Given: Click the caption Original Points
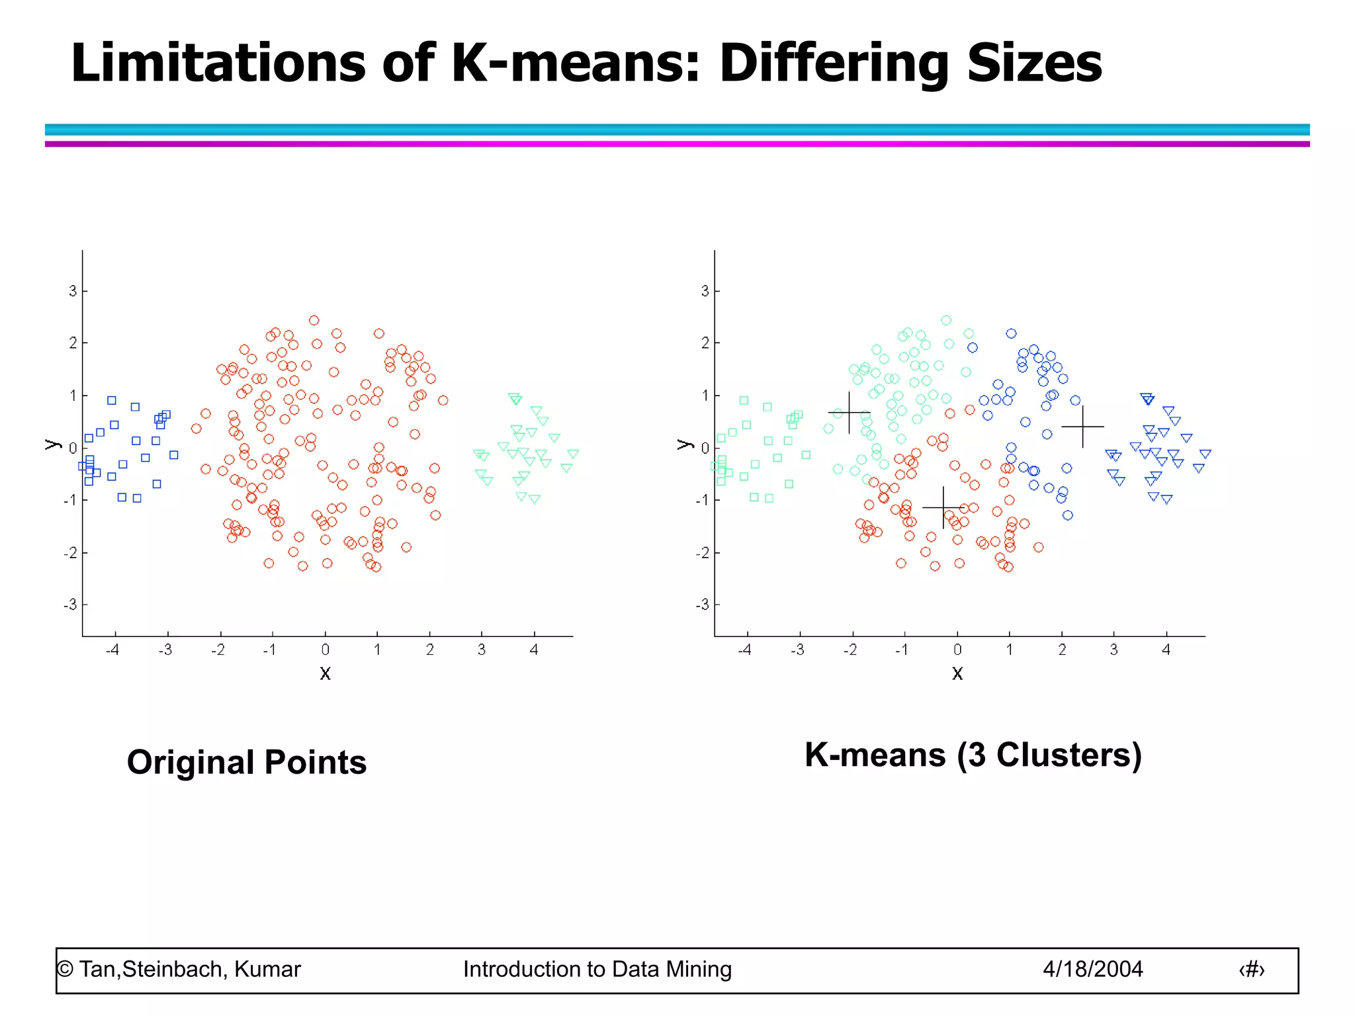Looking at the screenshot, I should click(x=246, y=762).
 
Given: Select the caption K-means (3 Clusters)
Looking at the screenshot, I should click(x=973, y=755).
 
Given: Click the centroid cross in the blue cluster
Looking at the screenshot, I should click(x=1082, y=427).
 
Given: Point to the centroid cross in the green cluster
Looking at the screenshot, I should click(x=849, y=413).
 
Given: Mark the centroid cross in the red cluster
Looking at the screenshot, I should click(x=943, y=507).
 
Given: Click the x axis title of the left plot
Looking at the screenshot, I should click(x=325, y=673).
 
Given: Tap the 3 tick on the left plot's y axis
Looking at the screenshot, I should click(x=73, y=291).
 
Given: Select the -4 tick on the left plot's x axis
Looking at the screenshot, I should click(x=113, y=650).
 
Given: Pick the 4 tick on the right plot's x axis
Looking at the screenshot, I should click(x=1166, y=650).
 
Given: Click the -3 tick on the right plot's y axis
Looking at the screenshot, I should click(x=702, y=605).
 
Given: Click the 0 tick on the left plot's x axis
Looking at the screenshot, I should click(x=325, y=650).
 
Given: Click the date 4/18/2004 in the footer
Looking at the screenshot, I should click(x=1092, y=969).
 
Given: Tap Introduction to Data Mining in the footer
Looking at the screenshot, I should click(x=597, y=969).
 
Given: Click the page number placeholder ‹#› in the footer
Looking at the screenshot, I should click(x=1251, y=970).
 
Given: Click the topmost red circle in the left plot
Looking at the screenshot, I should click(x=314, y=320).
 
